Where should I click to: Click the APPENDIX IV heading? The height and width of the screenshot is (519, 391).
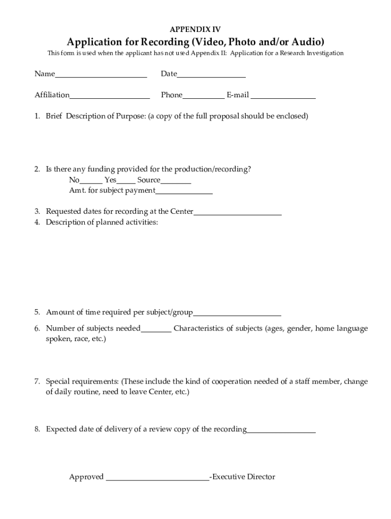tap(195, 29)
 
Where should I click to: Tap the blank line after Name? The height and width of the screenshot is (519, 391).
tap(101, 76)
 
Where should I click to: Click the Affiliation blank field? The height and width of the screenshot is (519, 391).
tap(110, 97)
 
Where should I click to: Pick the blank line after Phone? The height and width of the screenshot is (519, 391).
tap(203, 97)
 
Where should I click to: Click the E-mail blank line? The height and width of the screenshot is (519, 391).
tap(283, 97)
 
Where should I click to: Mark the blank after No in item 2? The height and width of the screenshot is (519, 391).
tap(91, 182)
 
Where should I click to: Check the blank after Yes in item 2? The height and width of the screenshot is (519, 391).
tap(126, 182)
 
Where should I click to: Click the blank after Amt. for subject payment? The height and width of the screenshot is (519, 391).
tap(184, 193)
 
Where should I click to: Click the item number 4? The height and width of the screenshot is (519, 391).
tap(38, 222)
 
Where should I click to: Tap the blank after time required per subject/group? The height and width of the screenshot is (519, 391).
tap(237, 314)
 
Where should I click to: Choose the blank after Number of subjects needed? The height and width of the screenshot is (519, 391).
tap(156, 331)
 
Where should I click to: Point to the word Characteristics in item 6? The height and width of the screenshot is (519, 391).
tap(198, 328)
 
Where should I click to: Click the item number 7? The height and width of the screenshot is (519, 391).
tap(38, 382)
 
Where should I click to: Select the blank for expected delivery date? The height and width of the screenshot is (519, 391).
tap(281, 432)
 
